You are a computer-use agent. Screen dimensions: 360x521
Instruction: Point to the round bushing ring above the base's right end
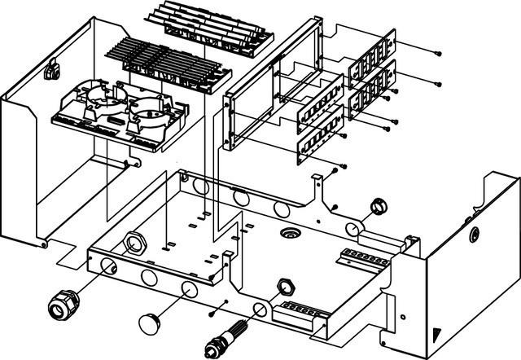click(x=379, y=205)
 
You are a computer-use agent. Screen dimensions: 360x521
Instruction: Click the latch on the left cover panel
click(x=52, y=72)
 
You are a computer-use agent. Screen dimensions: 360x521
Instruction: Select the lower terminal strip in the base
click(x=303, y=313)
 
